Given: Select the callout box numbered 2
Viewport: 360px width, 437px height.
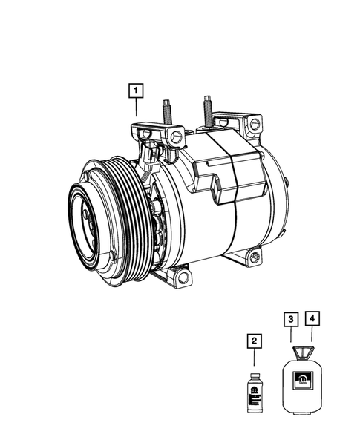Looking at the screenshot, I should click(254, 341).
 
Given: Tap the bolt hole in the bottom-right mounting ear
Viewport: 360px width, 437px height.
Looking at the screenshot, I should click(255, 257).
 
